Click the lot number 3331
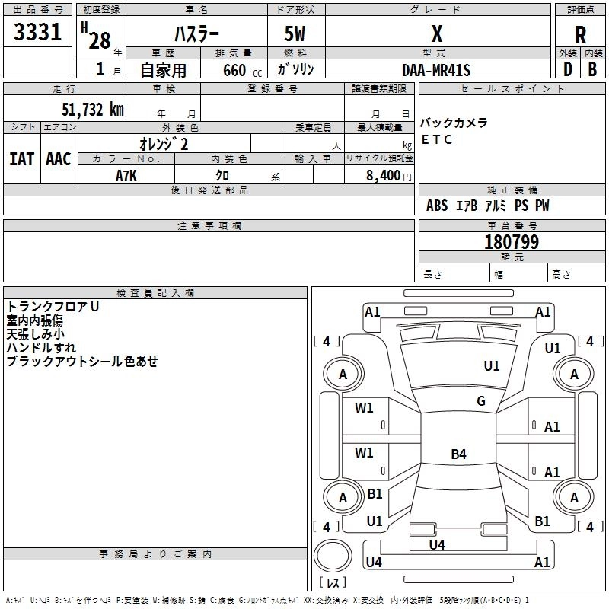(x=37, y=32)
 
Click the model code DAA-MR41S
(x=437, y=70)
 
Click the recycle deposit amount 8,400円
(x=388, y=175)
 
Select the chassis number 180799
(x=512, y=242)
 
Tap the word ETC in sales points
(x=437, y=140)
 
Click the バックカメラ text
(x=454, y=123)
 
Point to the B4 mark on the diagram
(x=458, y=454)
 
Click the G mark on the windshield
(x=481, y=401)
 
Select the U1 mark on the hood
(x=492, y=366)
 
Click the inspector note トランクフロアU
(x=53, y=307)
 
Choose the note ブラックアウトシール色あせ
(x=82, y=362)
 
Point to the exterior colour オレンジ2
(x=164, y=144)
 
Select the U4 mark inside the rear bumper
(x=437, y=544)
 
